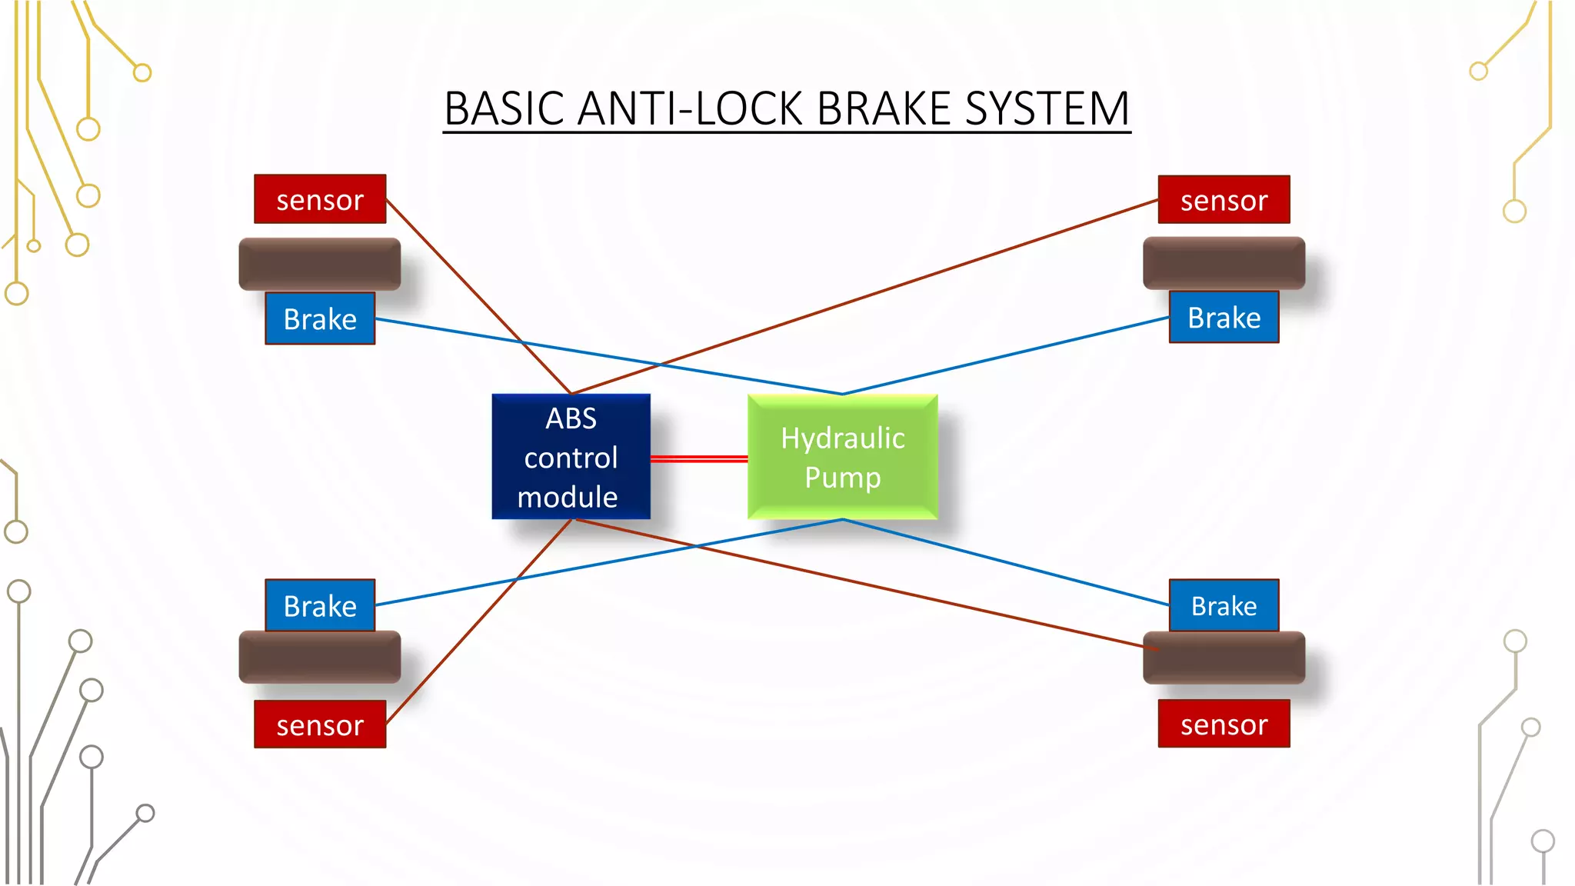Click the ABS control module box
pos(571,457)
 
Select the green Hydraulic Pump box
pos(842,457)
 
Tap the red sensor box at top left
pos(320,199)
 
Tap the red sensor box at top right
pos(1224,200)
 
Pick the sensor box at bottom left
pos(320,724)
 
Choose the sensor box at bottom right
pos(1224,724)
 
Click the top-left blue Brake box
pos(320,318)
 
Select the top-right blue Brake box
pos(1224,317)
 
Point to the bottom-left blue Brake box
pos(320,606)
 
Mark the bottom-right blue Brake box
pos(1224,606)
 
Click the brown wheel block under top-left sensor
pos(320,264)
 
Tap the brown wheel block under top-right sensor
pos(1224,263)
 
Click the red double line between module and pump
pos(698,459)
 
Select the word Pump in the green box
pos(842,478)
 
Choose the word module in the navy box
pos(568,498)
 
